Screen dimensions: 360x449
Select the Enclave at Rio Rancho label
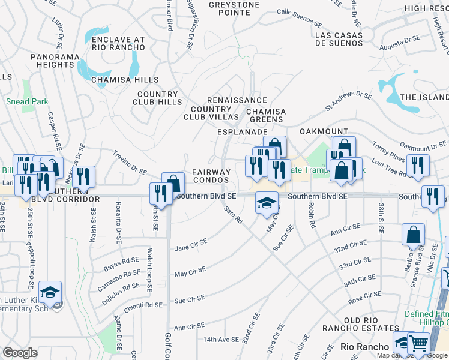[118, 44]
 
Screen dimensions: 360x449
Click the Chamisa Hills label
[125, 79]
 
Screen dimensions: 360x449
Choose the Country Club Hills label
[157, 98]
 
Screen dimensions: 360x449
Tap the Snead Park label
[27, 101]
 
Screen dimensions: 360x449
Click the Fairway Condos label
[211, 176]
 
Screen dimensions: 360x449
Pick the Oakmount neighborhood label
[324, 131]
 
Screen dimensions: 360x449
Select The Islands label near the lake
[424, 97]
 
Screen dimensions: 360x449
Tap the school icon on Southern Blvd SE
[267, 202]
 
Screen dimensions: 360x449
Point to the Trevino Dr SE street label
[130, 162]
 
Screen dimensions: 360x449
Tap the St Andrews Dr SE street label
[349, 100]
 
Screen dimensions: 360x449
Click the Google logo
[20, 353]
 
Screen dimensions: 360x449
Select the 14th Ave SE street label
[221, 340]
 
